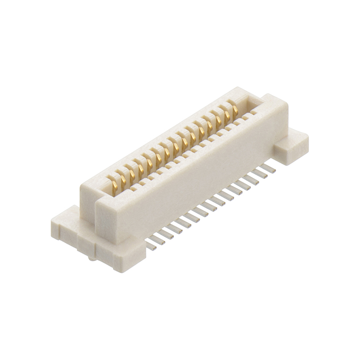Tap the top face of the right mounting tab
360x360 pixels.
tap(292, 136)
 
